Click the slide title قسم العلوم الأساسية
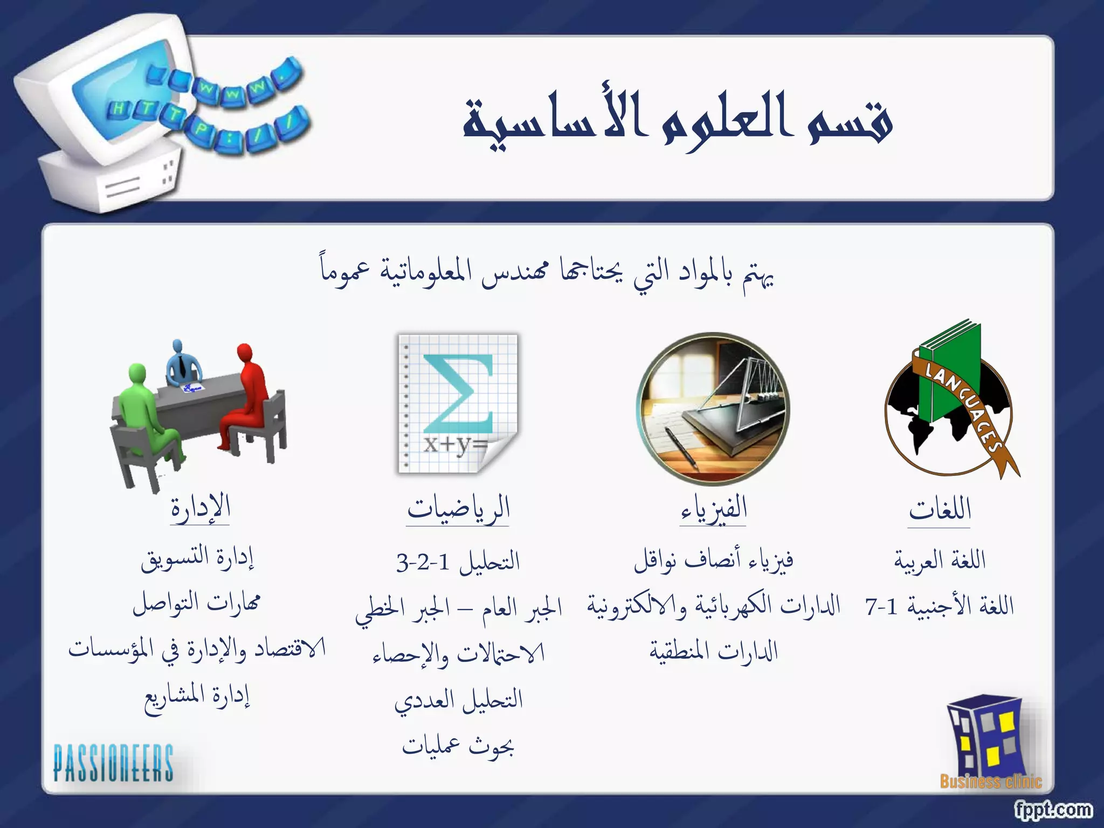pyautogui.click(x=678, y=120)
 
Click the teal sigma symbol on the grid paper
pyautogui.click(x=458, y=394)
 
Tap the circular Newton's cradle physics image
pyautogui.click(x=713, y=409)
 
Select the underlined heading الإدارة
pyautogui.click(x=201, y=508)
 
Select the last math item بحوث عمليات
pyautogui.click(x=458, y=746)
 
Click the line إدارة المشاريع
pyautogui.click(x=197, y=698)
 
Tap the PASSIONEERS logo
pyautogui.click(x=113, y=763)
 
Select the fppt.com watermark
pyautogui.click(x=1053, y=809)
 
